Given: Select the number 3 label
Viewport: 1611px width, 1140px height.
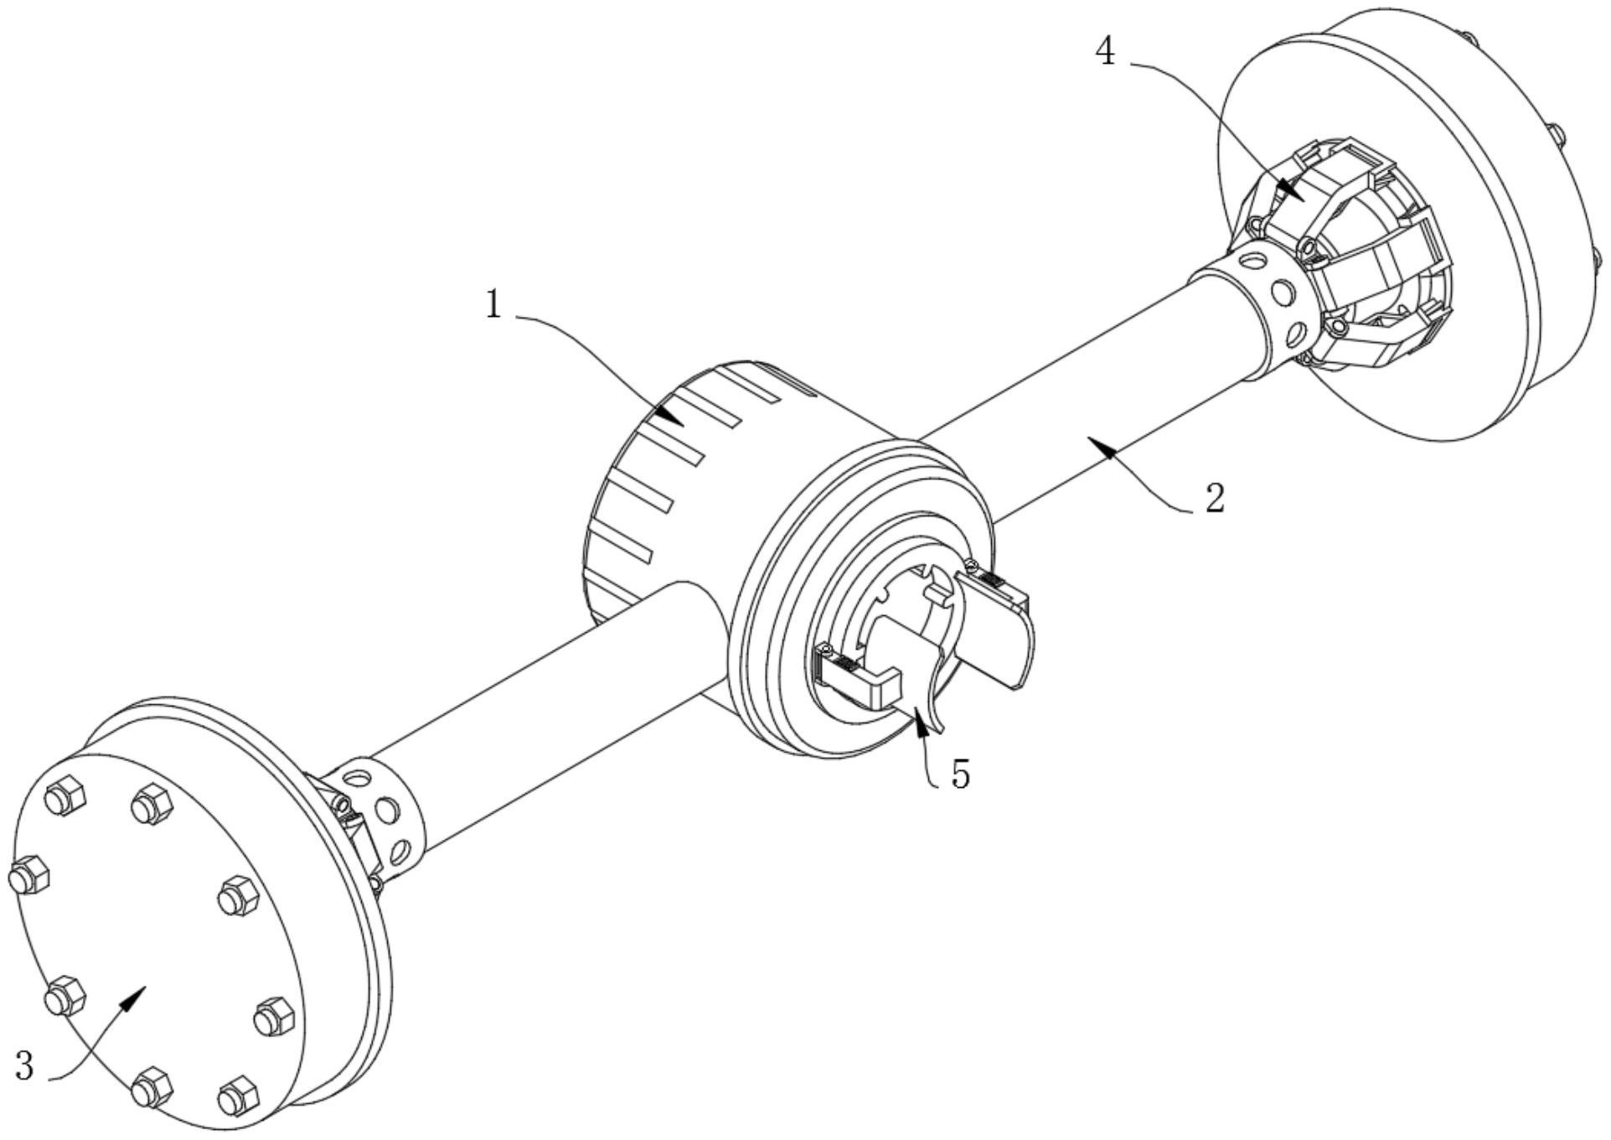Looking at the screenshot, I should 25,1067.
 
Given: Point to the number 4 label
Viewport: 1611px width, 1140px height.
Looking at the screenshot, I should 1105,52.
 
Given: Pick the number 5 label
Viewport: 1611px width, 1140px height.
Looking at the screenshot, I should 960,775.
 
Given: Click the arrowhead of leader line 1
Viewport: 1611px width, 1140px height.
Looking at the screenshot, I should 671,417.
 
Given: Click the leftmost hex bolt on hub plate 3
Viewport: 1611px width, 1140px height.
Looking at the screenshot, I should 28,877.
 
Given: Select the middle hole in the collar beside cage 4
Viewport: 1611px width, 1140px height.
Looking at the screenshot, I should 1282,293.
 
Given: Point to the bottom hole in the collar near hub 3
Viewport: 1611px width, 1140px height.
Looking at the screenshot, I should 400,852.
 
